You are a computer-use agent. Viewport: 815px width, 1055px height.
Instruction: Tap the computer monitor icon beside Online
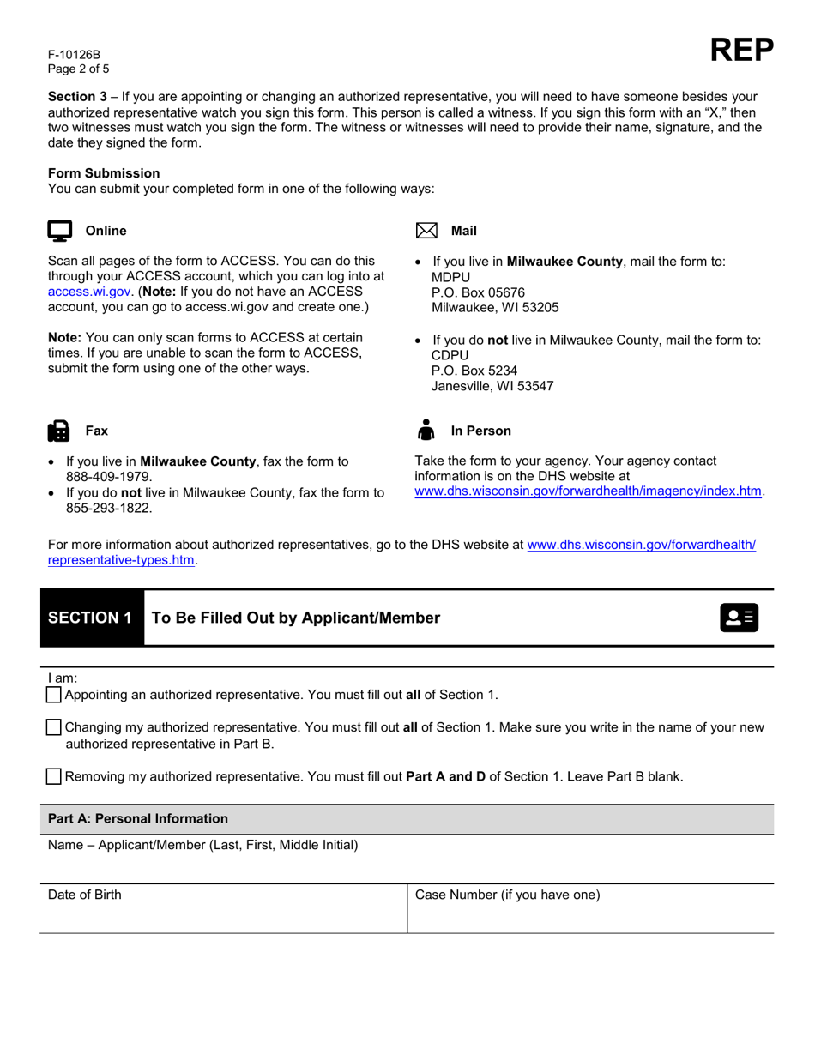click(x=59, y=231)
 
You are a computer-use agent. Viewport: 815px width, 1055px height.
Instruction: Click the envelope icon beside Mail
click(x=426, y=231)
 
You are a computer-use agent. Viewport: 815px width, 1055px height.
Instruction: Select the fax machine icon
click(x=59, y=431)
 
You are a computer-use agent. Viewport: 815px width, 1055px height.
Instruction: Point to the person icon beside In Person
click(x=426, y=430)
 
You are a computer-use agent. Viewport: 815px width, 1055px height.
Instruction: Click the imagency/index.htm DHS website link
click(x=589, y=491)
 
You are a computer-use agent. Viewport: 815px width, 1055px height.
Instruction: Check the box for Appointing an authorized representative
click(x=54, y=695)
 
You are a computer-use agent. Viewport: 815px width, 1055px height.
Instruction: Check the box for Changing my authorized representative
click(x=54, y=727)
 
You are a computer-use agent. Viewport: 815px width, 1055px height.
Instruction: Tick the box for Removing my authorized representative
click(x=54, y=777)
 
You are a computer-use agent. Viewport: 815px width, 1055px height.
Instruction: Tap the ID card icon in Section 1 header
click(x=739, y=618)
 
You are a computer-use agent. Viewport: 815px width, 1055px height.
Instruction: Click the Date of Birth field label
click(x=85, y=895)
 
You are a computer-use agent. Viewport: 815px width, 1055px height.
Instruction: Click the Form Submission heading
click(x=104, y=173)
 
